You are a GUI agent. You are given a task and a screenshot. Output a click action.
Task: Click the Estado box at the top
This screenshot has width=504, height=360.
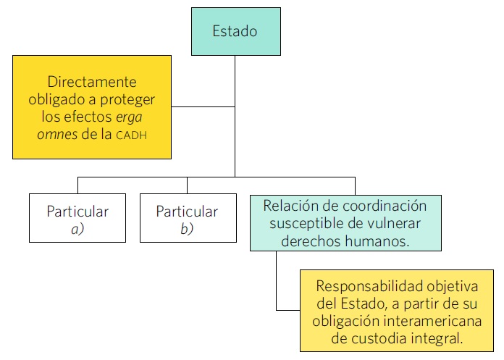click(x=235, y=31)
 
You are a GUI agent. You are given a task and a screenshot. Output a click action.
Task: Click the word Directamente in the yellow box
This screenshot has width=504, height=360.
click(x=92, y=83)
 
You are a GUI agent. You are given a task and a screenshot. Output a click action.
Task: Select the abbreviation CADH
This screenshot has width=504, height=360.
click(x=134, y=134)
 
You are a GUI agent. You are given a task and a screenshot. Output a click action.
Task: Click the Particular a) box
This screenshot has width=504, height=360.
click(x=77, y=218)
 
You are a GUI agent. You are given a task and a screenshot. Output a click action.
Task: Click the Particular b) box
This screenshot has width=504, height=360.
click(x=187, y=218)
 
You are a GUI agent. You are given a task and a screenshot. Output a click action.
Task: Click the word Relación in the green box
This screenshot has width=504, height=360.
click(x=289, y=206)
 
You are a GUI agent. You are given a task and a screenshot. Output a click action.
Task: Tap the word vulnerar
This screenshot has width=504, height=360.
click(x=395, y=224)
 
